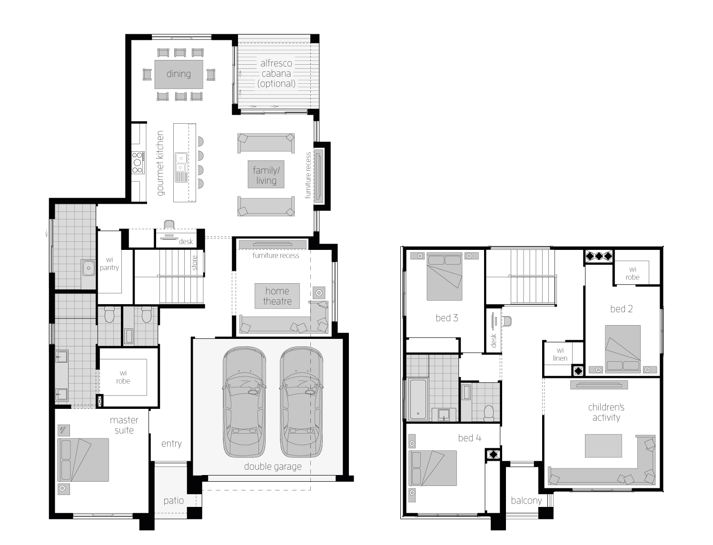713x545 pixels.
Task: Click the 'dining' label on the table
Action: coord(178,74)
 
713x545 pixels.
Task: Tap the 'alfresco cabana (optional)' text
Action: coord(276,73)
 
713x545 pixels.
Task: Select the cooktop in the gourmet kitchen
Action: coord(138,162)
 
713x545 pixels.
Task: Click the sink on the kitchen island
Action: coord(181,162)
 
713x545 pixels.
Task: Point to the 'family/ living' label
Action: coord(266,175)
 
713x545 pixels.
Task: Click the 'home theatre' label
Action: coord(277,296)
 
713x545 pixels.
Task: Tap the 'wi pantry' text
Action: coord(109,264)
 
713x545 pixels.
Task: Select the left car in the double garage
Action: coord(244,402)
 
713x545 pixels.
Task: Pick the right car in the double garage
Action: coord(302,402)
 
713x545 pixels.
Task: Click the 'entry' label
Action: coord(171,444)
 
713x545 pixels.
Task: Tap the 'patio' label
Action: coord(174,500)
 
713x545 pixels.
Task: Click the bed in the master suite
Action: coord(83,460)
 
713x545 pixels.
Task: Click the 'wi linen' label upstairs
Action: coord(560,354)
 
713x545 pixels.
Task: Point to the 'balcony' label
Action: coord(526,500)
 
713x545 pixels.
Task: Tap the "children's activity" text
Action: coord(606,412)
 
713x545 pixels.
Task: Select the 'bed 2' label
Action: coord(622,308)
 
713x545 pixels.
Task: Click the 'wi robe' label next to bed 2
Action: coord(633,273)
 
